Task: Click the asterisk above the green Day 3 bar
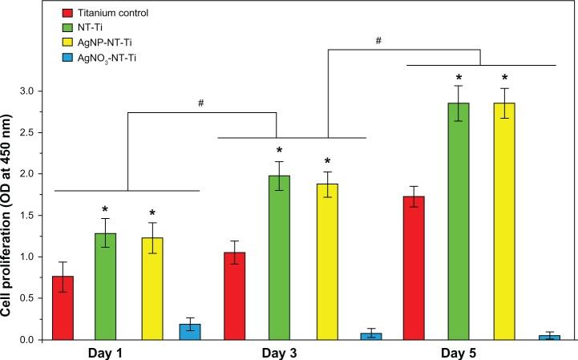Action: point(280,152)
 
